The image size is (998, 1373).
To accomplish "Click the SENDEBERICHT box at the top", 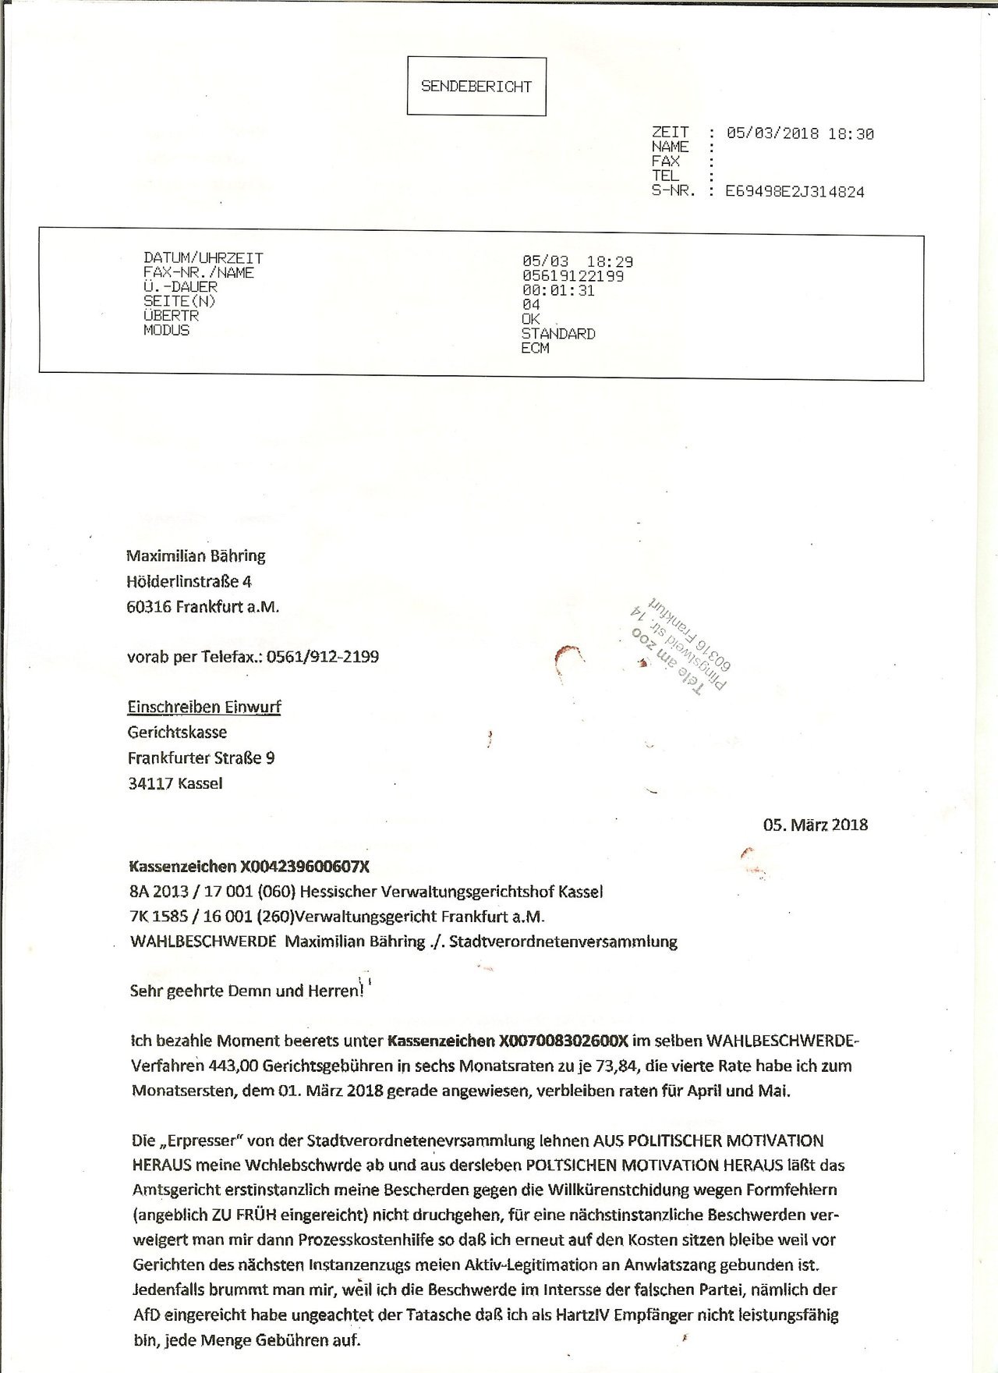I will pos(476,87).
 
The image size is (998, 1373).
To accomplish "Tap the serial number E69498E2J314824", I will pos(795,192).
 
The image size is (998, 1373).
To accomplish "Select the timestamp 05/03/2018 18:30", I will pos(800,133).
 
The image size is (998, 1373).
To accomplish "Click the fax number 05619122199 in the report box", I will pos(572,276).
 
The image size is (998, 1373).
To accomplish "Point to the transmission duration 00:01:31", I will pos(558,290).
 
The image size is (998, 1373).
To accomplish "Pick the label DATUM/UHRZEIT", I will pos(203,257).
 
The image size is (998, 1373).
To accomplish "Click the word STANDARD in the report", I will pos(558,334).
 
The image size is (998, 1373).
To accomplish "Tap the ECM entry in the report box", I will pos(535,348).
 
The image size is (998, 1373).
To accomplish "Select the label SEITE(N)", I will pos(179,301).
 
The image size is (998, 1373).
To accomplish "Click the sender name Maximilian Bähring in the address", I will pos(196,556).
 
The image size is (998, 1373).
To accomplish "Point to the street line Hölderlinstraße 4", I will pos(189,581).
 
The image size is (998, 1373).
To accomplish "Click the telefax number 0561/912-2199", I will pos(322,657).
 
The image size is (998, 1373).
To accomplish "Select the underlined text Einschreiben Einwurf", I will pos(204,708).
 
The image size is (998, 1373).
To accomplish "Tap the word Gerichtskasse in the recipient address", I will pos(177,733).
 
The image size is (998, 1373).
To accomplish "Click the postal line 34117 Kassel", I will pos(175,783).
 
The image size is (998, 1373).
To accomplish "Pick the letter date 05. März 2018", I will pos(816,825).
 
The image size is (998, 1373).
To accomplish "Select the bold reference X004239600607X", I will pos(305,866).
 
